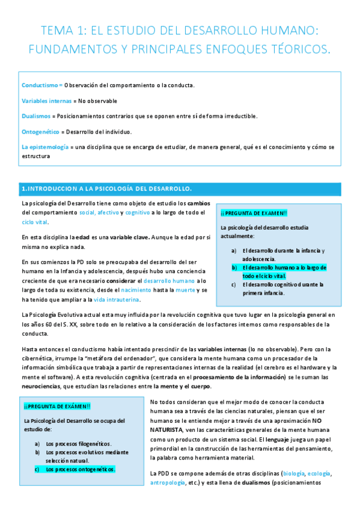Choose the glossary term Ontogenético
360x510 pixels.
pos(40,132)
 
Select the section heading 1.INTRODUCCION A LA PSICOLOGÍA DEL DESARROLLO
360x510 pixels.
pos(106,189)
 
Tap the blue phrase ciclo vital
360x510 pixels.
pos(36,222)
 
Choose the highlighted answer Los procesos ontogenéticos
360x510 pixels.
pos(79,469)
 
